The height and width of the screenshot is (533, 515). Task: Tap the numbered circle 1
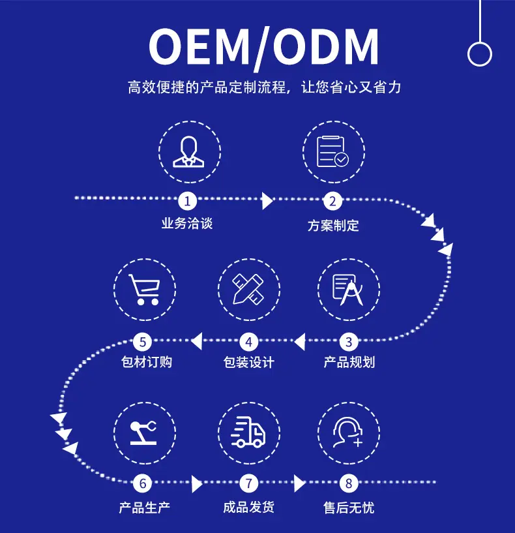(x=188, y=200)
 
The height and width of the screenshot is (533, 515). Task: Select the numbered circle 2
(x=332, y=201)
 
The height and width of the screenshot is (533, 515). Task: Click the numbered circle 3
(x=349, y=341)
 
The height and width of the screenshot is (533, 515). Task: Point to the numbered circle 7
(x=248, y=483)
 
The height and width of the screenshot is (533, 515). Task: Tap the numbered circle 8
(x=349, y=483)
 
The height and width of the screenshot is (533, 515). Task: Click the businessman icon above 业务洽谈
(x=189, y=152)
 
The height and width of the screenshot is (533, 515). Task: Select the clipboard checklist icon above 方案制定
(x=333, y=151)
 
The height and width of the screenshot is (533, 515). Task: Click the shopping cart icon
(x=145, y=288)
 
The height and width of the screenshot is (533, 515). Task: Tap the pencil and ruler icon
(x=248, y=288)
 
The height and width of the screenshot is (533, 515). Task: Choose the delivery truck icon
(x=248, y=432)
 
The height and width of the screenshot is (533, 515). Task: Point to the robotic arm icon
(x=144, y=432)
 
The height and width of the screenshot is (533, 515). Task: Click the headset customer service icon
(x=348, y=432)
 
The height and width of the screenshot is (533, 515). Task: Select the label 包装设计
(x=248, y=362)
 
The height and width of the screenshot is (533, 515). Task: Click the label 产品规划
(x=349, y=362)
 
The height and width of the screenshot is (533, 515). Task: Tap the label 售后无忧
(x=349, y=507)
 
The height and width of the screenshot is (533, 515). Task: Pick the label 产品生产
(x=144, y=507)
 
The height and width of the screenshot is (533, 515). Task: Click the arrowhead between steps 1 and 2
(x=267, y=201)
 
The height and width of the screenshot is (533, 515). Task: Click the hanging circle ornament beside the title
(x=479, y=54)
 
